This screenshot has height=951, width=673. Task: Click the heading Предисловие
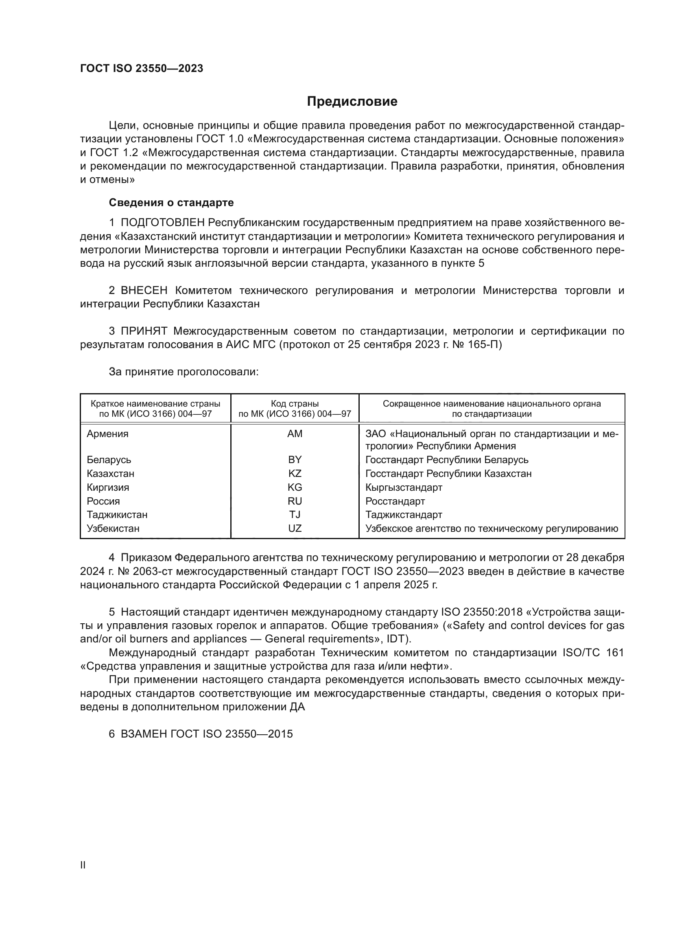pyautogui.click(x=352, y=102)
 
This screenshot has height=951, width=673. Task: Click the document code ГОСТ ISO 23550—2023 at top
pyautogui.click(x=141, y=69)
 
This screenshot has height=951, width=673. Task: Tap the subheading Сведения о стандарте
pyautogui.click(x=171, y=202)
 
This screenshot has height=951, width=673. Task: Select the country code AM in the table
pyautogui.click(x=295, y=434)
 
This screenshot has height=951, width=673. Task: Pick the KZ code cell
pyautogui.click(x=295, y=473)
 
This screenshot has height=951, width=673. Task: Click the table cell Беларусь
pyautogui.click(x=109, y=460)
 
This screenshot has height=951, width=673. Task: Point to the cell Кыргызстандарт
pyautogui.click(x=404, y=487)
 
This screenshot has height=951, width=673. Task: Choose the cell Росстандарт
pyautogui.click(x=395, y=501)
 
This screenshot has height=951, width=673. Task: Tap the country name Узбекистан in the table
pyautogui.click(x=113, y=529)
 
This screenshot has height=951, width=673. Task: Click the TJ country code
pyautogui.click(x=295, y=514)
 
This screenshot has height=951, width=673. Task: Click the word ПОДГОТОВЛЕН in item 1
pyautogui.click(x=162, y=223)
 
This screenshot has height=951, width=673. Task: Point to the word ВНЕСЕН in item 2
pyautogui.click(x=144, y=291)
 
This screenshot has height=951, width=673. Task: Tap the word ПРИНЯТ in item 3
pyautogui.click(x=144, y=331)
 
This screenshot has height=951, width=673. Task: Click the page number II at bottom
pyautogui.click(x=83, y=865)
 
